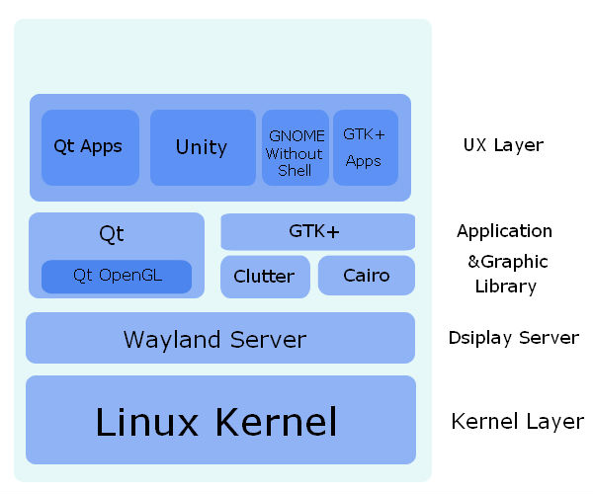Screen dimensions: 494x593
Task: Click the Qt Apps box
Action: tap(89, 147)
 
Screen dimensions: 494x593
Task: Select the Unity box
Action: tap(202, 147)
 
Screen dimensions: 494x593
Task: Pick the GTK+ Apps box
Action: tap(365, 147)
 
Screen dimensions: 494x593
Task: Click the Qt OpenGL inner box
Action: tap(117, 277)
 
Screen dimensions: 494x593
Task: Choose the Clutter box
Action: tap(265, 276)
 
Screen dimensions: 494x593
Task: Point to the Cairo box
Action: tap(367, 276)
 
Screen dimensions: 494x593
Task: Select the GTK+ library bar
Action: tap(317, 232)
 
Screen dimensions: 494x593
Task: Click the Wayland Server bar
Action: tap(219, 339)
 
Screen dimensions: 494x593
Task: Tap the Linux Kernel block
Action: tap(219, 421)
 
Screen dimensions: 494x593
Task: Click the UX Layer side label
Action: tap(503, 145)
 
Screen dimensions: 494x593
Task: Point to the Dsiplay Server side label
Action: tap(513, 338)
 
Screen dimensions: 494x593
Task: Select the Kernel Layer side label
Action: tap(517, 422)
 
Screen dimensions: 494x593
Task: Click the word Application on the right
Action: tap(504, 231)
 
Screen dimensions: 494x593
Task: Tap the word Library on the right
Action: tap(505, 287)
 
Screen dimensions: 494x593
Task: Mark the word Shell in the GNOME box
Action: tap(295, 171)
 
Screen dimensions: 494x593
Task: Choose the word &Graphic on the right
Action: tap(507, 262)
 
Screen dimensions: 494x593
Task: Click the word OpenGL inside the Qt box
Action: tap(130, 276)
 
